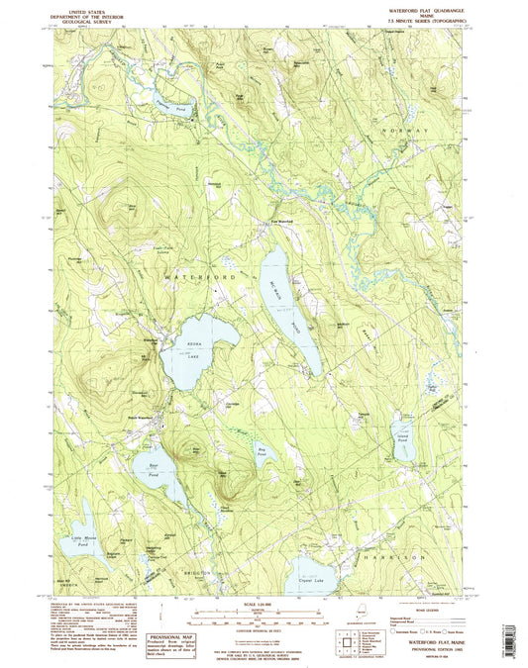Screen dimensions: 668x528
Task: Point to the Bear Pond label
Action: click(154, 464)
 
